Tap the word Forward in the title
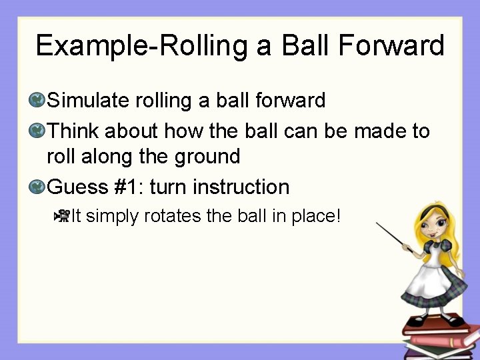pyautogui.click(x=400, y=46)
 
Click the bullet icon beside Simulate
pyautogui.click(x=37, y=101)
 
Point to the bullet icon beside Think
pyautogui.click(x=37, y=131)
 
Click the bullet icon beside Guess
pyautogui.click(x=37, y=187)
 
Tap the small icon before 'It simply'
pyautogui.click(x=61, y=215)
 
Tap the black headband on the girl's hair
pyautogui.click(x=427, y=211)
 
